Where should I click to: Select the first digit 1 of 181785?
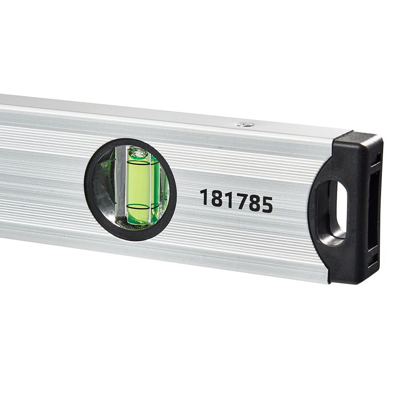pyautogui.click(x=204, y=197)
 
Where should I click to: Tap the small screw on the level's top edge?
pyautogui.click(x=245, y=124)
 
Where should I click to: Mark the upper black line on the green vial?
pyautogui.click(x=139, y=161)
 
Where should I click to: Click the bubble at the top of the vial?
pyautogui.click(x=138, y=153)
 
